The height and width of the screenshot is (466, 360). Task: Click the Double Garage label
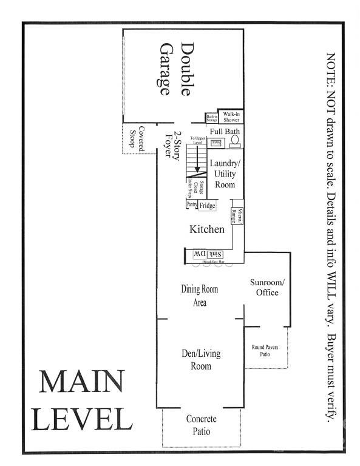(x=175, y=69)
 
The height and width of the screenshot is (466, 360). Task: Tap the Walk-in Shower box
(x=231, y=116)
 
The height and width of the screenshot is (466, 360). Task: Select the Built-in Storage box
(x=212, y=118)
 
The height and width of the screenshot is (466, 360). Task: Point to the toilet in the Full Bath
(x=235, y=141)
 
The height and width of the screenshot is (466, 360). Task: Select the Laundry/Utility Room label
(x=222, y=174)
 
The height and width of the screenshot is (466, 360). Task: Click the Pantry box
(x=191, y=205)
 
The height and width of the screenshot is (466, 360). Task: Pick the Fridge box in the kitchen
(x=208, y=206)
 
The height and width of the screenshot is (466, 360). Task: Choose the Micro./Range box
(x=237, y=216)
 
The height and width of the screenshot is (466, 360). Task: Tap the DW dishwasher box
(x=199, y=254)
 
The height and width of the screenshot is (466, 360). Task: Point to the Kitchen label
(x=207, y=230)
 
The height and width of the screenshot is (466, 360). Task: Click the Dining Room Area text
(x=199, y=295)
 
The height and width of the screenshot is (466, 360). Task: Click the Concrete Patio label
(x=202, y=425)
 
